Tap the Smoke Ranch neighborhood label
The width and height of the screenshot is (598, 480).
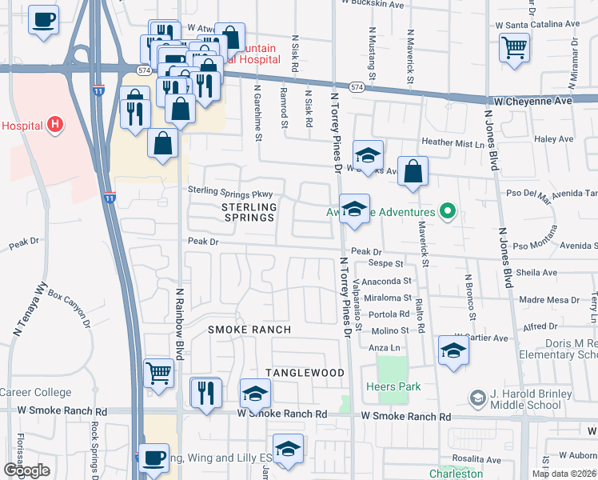tap(249, 330)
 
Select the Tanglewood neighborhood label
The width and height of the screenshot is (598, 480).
tap(305, 374)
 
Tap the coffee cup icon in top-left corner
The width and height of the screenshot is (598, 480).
tap(43, 18)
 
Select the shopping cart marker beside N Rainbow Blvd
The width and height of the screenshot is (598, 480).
tap(159, 372)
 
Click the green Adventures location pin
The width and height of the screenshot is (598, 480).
tap(448, 212)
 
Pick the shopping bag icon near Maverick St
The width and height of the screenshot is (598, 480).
tap(413, 170)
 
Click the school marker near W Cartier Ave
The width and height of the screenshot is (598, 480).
tap(453, 350)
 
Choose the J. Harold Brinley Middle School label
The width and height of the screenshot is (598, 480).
tap(531, 398)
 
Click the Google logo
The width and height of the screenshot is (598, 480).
tap(26, 470)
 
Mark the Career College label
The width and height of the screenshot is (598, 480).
tap(35, 393)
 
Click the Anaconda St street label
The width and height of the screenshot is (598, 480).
tap(386, 282)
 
